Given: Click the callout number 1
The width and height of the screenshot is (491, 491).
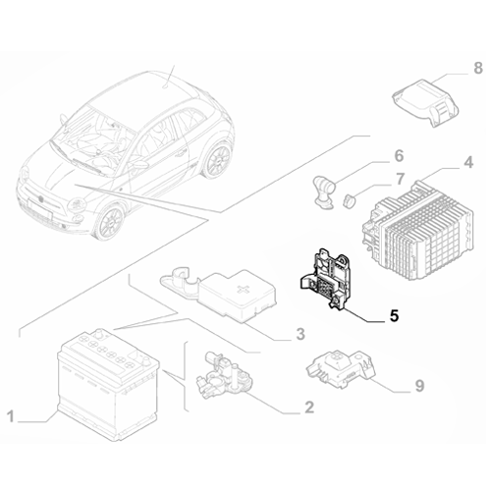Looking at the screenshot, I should (12, 419).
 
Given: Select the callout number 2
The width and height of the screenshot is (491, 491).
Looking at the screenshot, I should (308, 407).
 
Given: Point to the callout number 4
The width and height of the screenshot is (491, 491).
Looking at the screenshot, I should (469, 161).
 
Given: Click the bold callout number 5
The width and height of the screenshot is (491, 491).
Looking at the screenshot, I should (393, 317).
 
